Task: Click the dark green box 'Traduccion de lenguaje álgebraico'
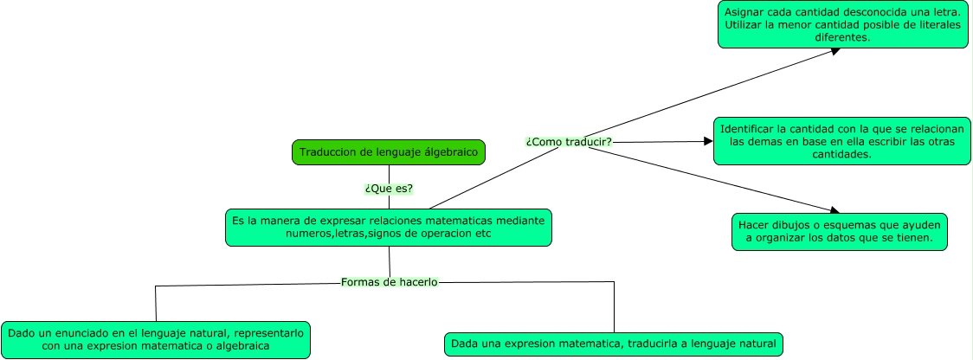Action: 389,152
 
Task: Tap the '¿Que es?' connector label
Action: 389,188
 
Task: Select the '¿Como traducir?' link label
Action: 569,142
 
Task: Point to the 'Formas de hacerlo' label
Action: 390,282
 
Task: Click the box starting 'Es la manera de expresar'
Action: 389,228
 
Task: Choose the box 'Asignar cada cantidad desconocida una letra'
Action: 843,24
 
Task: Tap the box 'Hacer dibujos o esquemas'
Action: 840,231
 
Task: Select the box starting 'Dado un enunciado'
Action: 156,339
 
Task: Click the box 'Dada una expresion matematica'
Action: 614,344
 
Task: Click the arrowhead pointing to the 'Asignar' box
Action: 835,50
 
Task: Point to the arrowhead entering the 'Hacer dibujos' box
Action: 835,210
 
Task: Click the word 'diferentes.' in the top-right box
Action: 843,37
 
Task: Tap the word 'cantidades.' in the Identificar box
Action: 843,153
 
